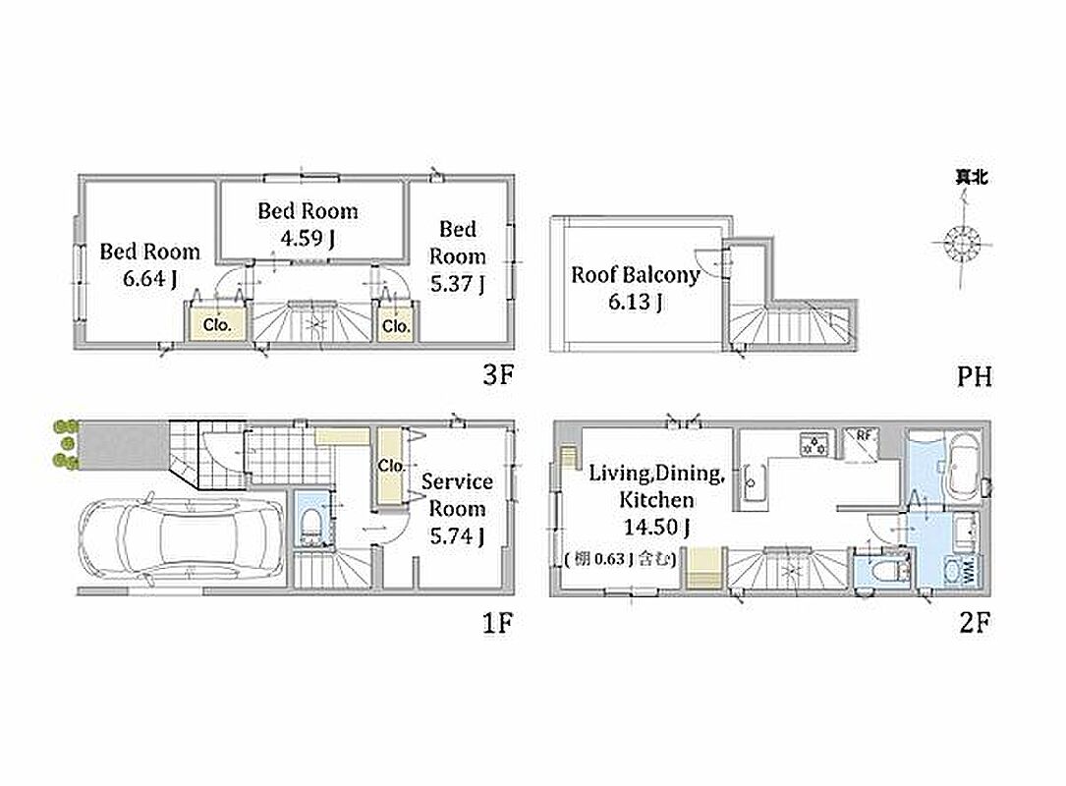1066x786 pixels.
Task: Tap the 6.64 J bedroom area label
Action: click(x=150, y=278)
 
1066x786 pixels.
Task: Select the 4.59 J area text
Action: click(x=308, y=238)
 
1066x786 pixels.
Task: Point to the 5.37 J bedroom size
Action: click(x=458, y=284)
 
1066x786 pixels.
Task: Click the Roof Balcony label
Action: click(x=635, y=275)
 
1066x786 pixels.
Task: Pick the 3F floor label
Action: click(x=498, y=375)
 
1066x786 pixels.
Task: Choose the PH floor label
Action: click(x=975, y=376)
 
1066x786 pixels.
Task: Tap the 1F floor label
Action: click(x=498, y=623)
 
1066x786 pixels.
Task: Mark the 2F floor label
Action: click(x=975, y=623)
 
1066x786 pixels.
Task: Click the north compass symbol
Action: click(x=963, y=242)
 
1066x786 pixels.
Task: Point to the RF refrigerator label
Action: click(x=864, y=436)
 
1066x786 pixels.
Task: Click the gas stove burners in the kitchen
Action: click(x=814, y=443)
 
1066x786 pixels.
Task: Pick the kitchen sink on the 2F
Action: click(x=752, y=482)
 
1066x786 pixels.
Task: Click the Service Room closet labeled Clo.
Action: click(x=392, y=467)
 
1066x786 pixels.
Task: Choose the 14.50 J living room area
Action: click(x=656, y=527)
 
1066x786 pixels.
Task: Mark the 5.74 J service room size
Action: click(x=457, y=535)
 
